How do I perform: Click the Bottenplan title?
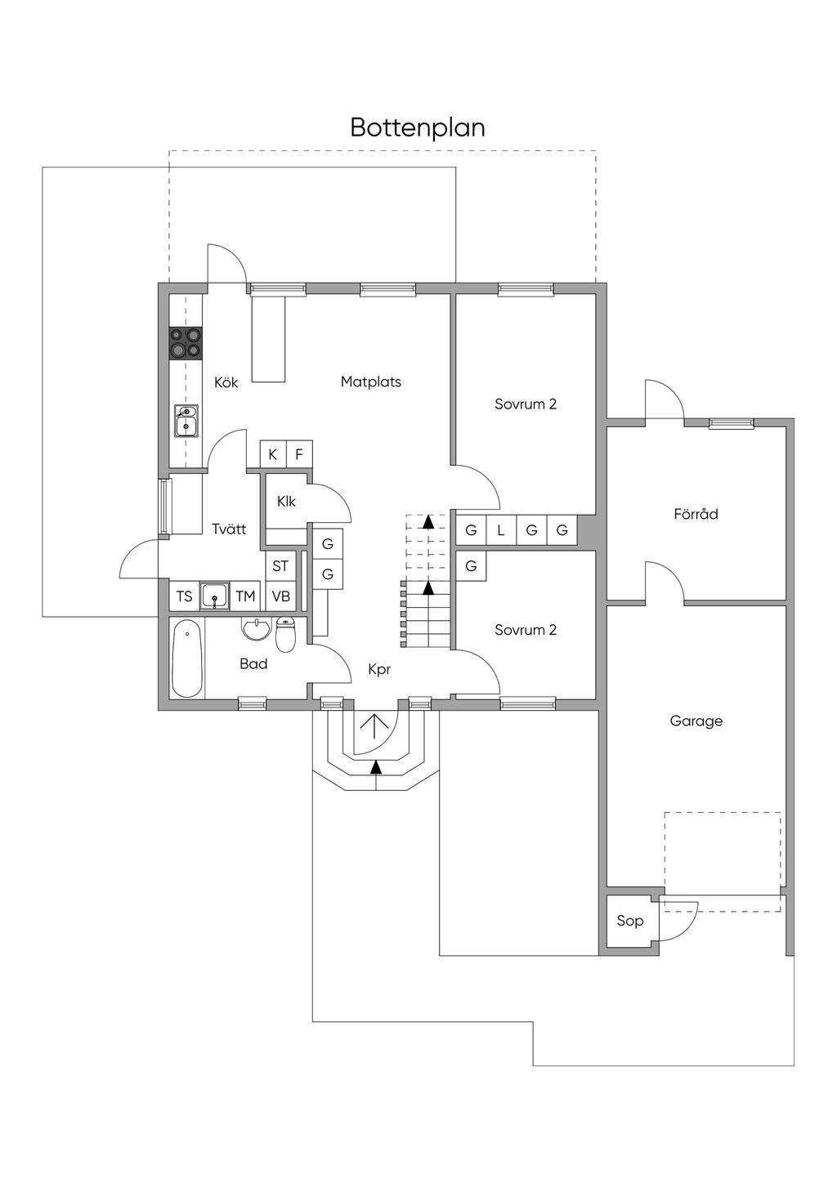[x=418, y=127]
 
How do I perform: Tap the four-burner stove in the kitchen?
[x=186, y=343]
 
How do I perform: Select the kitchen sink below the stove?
[x=186, y=421]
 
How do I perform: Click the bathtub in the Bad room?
[x=187, y=658]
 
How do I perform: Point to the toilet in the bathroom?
[x=285, y=635]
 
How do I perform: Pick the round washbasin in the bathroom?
[x=257, y=629]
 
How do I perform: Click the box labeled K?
[x=273, y=454]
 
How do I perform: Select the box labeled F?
[x=299, y=454]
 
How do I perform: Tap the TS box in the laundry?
[x=185, y=596]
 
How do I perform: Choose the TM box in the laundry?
[x=245, y=596]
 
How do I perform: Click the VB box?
[x=280, y=596]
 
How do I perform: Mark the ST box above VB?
[x=280, y=566]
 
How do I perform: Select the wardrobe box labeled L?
[x=501, y=530]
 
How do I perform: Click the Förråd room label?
[x=696, y=514]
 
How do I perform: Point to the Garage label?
[x=696, y=721]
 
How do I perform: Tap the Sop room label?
[x=629, y=921]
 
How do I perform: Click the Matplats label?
[x=371, y=382]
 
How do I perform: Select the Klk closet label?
[x=286, y=501]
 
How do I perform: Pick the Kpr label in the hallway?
[x=379, y=669]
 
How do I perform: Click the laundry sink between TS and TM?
[x=215, y=596]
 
